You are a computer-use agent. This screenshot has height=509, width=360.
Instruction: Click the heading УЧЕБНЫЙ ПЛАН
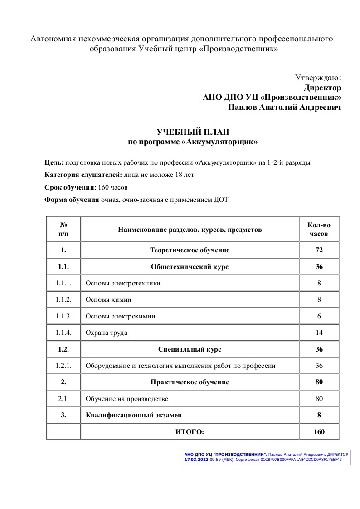[x=193, y=132]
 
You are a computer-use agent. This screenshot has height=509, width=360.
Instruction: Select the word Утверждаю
[x=318, y=78]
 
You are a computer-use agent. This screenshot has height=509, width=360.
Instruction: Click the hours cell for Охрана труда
[x=319, y=333]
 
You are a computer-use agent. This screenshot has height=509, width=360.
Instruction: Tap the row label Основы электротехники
[x=123, y=283]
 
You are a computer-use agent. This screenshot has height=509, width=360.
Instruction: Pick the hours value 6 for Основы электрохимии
[x=319, y=316]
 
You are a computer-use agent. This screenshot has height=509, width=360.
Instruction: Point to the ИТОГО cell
[x=190, y=432]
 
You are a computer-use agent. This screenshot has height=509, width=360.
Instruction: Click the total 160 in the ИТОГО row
[x=319, y=432]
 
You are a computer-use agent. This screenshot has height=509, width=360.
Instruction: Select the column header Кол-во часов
[x=319, y=230]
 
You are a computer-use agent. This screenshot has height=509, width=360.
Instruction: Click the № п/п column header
[x=63, y=230]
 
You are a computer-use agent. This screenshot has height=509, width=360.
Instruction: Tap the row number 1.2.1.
[x=63, y=366]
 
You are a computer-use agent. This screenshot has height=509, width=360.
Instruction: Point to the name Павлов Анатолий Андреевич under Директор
[x=284, y=108]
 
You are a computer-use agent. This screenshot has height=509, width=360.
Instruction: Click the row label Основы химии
[x=108, y=299]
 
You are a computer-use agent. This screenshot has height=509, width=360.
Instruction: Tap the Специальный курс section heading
[x=190, y=349]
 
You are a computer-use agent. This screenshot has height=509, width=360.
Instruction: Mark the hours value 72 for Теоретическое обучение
[x=319, y=250]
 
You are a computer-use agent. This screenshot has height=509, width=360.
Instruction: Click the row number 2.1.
[x=63, y=399]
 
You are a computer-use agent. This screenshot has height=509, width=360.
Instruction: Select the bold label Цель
[x=54, y=162]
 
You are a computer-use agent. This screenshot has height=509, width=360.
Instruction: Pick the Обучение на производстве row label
[x=127, y=399]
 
